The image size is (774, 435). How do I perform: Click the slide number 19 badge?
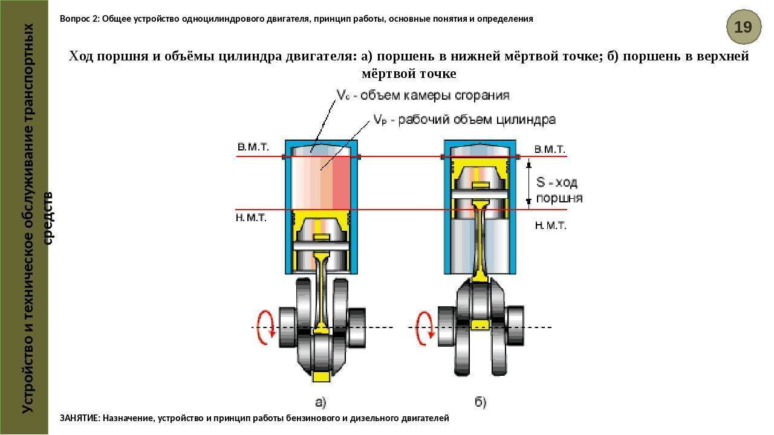pyautogui.click(x=743, y=27)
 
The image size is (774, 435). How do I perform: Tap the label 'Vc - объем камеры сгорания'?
pyautogui.click(x=423, y=95)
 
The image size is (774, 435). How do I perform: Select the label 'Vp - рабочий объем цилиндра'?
pyautogui.click(x=464, y=120)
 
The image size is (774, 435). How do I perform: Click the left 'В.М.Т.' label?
pyautogui.click(x=253, y=147)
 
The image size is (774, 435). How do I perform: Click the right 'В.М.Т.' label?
pyautogui.click(x=550, y=149)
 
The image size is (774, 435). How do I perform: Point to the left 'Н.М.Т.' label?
pyautogui.click(x=251, y=218)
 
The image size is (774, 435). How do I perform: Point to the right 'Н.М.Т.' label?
pyautogui.click(x=550, y=225)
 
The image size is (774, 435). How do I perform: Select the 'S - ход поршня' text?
pyautogui.click(x=558, y=190)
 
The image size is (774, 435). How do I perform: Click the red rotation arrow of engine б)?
pyautogui.click(x=425, y=327)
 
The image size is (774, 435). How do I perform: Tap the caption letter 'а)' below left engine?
pyautogui.click(x=320, y=402)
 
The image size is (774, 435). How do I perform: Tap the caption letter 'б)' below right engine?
pyautogui.click(x=480, y=402)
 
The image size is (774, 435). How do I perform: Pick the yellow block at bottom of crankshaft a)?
pyautogui.click(x=322, y=376)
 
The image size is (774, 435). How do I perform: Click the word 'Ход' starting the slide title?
pyautogui.click(x=80, y=57)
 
